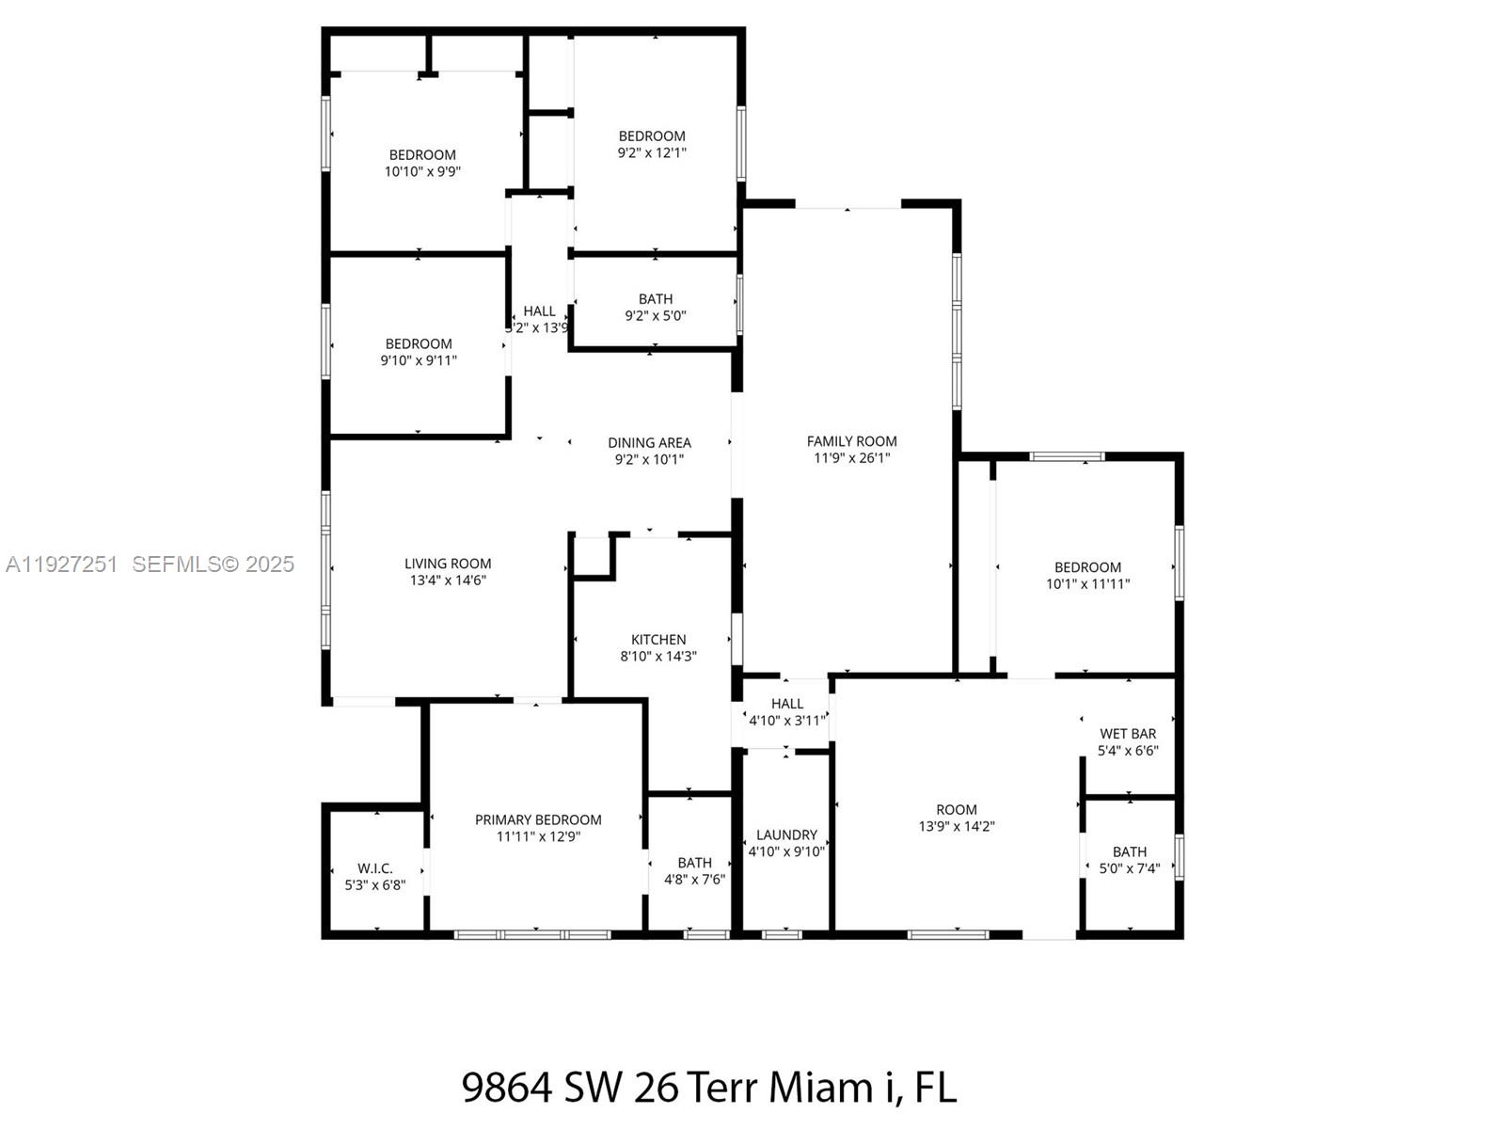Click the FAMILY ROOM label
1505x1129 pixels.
(x=851, y=441)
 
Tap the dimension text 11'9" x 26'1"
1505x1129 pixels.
(x=851, y=458)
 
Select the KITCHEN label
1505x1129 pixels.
(x=658, y=640)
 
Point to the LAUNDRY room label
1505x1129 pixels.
(x=786, y=835)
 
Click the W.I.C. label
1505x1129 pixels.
(x=375, y=868)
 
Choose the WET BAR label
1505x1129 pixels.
(x=1128, y=734)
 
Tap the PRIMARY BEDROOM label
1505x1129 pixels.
(x=538, y=819)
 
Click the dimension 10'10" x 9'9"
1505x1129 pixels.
(x=422, y=171)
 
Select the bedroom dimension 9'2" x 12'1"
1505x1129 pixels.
(x=652, y=152)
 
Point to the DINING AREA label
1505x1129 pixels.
(x=649, y=442)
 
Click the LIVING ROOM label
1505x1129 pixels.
(x=448, y=564)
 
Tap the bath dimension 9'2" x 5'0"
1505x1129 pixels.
(x=656, y=316)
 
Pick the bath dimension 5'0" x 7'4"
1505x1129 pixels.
(x=1129, y=868)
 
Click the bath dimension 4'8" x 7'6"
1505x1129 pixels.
(x=694, y=880)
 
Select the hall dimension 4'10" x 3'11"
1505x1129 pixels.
(x=787, y=721)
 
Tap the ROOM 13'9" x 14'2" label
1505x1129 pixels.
(x=957, y=810)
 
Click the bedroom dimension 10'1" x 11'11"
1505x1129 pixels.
(x=1087, y=583)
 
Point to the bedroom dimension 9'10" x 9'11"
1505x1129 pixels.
(x=419, y=360)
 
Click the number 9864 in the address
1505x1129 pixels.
(x=506, y=1088)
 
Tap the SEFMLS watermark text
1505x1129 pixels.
(x=184, y=564)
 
